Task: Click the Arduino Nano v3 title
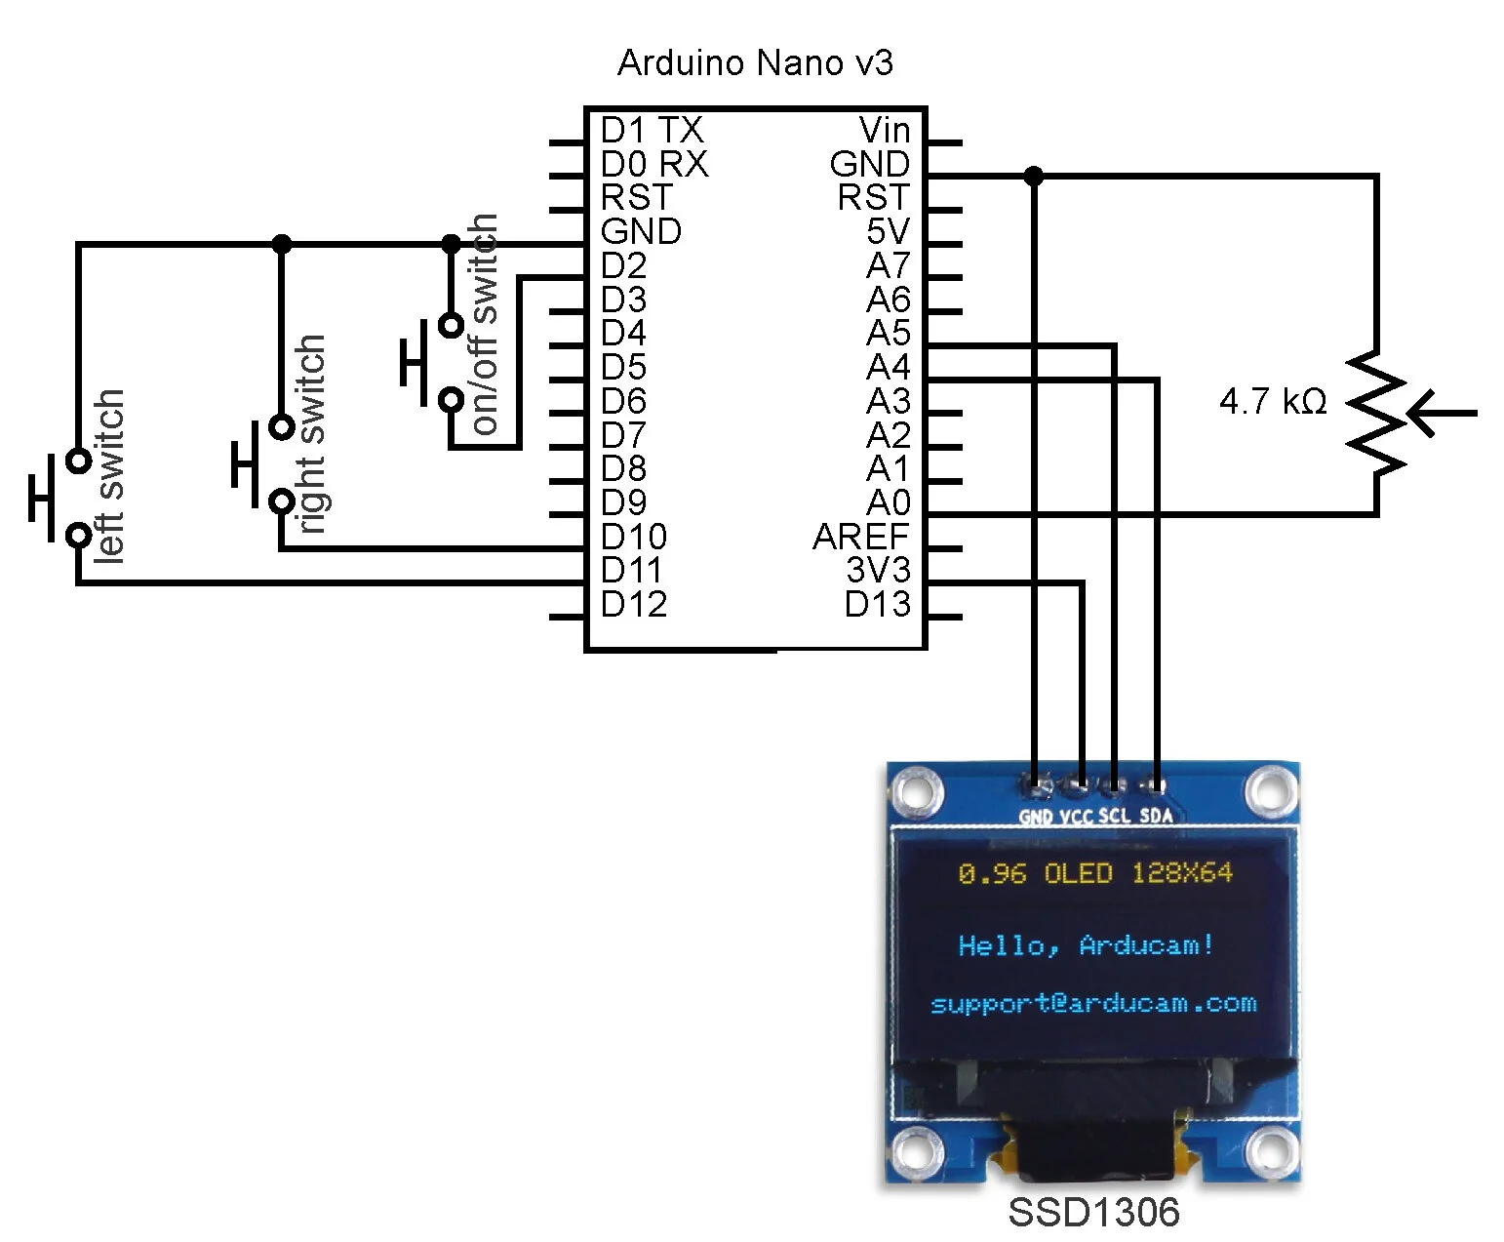(755, 62)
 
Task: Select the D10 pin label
(633, 537)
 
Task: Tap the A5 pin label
(888, 334)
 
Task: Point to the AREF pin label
(860, 537)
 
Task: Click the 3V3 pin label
(877, 570)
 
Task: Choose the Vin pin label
(884, 130)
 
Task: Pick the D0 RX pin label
(653, 164)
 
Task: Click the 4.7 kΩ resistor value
(1273, 401)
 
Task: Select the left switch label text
(109, 475)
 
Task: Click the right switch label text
(310, 434)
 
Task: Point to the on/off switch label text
(484, 324)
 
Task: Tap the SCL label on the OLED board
(1114, 816)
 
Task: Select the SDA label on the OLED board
(1156, 816)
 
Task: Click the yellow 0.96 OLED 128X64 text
(1094, 872)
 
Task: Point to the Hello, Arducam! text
(1086, 944)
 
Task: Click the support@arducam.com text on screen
(1092, 1003)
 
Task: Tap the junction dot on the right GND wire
(1034, 177)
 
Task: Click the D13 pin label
(877, 604)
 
